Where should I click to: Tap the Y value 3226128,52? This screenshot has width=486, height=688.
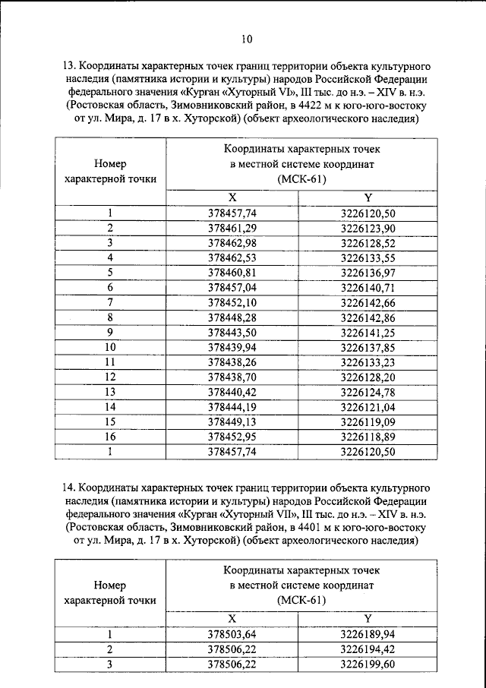click(x=368, y=242)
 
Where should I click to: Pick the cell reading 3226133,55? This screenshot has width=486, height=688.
click(x=368, y=257)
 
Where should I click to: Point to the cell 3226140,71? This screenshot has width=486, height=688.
click(x=368, y=287)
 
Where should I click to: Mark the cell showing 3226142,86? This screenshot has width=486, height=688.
click(x=368, y=317)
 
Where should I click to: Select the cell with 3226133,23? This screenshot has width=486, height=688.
click(x=368, y=361)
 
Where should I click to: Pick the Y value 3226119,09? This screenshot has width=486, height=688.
click(x=368, y=421)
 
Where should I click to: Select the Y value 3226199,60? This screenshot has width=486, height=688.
click(x=368, y=664)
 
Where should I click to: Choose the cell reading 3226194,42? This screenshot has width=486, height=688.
click(x=368, y=649)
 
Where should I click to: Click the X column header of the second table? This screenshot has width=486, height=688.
click(x=232, y=618)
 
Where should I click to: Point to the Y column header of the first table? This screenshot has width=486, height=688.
click(x=368, y=197)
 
